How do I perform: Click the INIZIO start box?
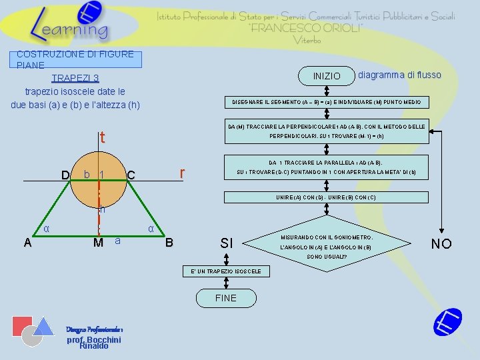327,76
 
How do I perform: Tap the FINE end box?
225,298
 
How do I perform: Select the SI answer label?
227,243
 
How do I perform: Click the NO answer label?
441,243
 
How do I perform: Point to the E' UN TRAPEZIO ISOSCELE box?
226,271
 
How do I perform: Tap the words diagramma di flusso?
399,75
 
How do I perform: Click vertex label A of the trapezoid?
27,243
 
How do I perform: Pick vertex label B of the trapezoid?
169,243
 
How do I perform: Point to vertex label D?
65,175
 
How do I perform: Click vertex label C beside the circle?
131,175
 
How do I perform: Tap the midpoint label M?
98,242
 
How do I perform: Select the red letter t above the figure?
102,138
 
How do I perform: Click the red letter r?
182,173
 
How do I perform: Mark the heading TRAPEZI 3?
75,78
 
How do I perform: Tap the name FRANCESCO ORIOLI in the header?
306,28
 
